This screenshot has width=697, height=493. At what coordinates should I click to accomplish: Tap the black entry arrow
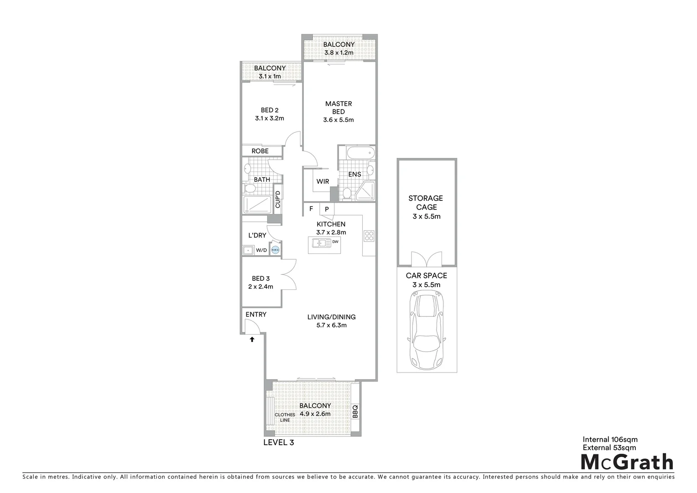tap(251, 339)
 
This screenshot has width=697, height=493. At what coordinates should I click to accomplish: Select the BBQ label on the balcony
tap(355, 411)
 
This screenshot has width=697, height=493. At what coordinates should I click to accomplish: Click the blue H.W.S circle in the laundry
tap(275, 250)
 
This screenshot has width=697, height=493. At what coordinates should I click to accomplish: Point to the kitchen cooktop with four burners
tap(369, 236)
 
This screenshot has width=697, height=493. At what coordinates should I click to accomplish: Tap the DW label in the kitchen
tap(335, 241)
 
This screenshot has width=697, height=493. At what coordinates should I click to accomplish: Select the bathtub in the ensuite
tap(356, 153)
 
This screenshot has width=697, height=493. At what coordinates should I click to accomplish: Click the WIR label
tap(322, 181)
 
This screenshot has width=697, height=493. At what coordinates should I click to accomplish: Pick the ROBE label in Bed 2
tap(260, 151)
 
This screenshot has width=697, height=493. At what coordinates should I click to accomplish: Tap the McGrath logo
tap(627, 462)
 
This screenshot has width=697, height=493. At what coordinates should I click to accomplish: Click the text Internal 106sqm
tap(610, 440)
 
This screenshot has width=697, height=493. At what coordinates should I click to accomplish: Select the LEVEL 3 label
tap(279, 442)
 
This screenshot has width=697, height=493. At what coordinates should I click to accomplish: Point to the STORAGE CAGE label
tap(426, 203)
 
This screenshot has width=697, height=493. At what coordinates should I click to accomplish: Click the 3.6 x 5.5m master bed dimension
tap(338, 120)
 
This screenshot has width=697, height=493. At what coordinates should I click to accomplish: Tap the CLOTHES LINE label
tap(285, 417)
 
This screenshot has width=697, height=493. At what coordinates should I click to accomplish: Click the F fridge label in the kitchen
tap(311, 209)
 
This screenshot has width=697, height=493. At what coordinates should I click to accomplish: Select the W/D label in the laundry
tap(261, 250)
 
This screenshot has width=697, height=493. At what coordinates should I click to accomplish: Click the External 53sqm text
tap(609, 448)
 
